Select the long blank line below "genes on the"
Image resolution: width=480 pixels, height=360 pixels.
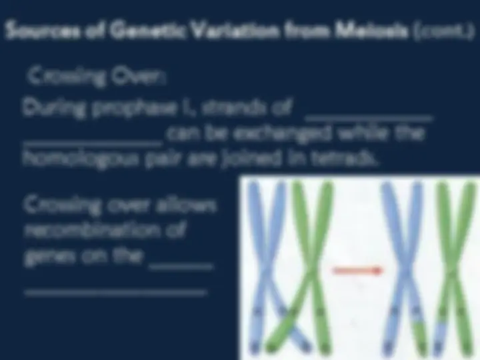(x=115, y=291)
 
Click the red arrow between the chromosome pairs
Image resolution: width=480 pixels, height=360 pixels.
(x=356, y=270)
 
